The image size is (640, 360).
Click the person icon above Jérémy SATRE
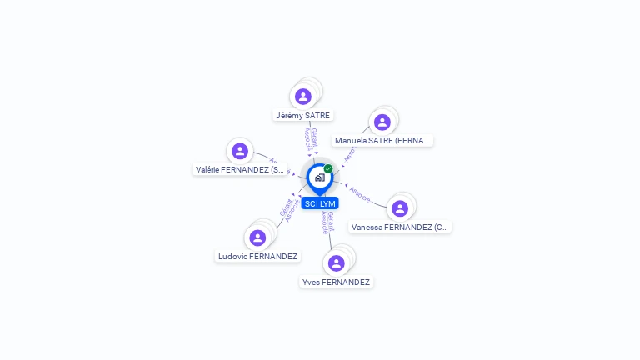(x=303, y=97)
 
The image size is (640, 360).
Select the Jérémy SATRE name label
(x=302, y=116)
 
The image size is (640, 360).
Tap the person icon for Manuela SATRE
(x=382, y=122)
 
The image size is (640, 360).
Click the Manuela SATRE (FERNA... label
(x=382, y=141)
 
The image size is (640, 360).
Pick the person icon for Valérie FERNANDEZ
(x=240, y=151)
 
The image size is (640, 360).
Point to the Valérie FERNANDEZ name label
(x=241, y=169)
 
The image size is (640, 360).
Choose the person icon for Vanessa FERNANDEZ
(x=400, y=208)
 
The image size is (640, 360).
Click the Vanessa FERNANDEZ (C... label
(x=400, y=227)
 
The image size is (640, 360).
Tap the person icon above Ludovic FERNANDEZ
(x=257, y=237)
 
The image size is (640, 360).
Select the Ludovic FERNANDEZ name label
(x=257, y=257)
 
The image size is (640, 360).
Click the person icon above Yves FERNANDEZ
(x=336, y=263)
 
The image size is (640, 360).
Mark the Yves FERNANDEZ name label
(x=336, y=282)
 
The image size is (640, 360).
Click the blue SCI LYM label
(x=320, y=204)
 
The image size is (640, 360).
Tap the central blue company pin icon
(x=319, y=177)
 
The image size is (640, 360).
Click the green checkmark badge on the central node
(x=328, y=168)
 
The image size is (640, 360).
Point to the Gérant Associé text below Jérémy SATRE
(x=310, y=138)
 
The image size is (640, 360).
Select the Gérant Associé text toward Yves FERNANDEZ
(x=327, y=222)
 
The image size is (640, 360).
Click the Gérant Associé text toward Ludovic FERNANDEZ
(x=289, y=209)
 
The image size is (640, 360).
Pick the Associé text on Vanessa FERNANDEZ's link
(x=361, y=193)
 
